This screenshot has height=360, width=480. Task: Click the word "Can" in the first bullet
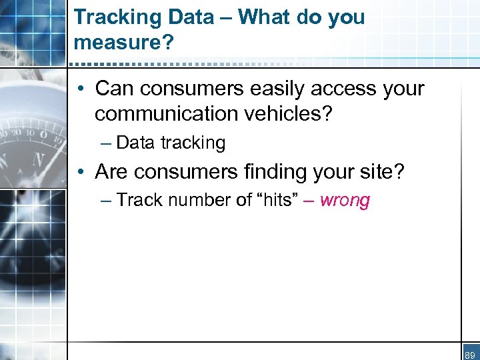[113, 89]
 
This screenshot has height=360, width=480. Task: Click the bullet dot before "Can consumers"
[80, 89]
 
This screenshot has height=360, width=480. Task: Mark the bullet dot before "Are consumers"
[80, 173]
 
